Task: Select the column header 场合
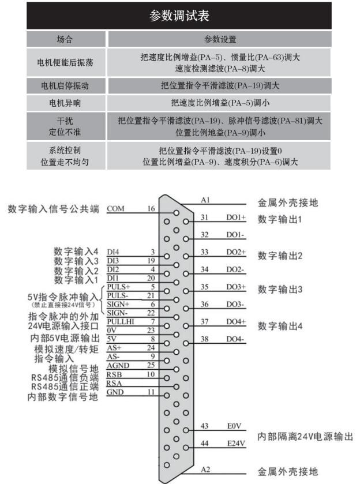coord(66,39)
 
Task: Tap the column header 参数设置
coord(220,39)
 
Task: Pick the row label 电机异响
coord(66,104)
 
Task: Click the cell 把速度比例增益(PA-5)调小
coord(220,104)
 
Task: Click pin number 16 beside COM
coord(151,209)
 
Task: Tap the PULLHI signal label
coord(119,321)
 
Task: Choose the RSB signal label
coord(114,374)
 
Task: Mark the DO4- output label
coord(235,339)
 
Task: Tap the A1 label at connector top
coord(205,200)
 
